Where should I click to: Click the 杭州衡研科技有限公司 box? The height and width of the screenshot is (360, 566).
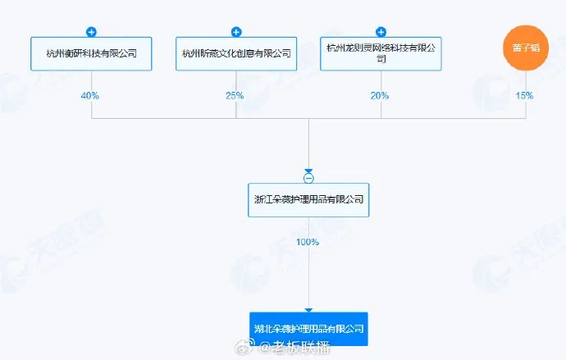coord(91,53)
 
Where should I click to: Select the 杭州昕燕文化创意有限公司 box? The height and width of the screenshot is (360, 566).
coord(236,53)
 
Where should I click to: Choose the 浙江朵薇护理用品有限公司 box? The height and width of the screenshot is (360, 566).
coord(308,199)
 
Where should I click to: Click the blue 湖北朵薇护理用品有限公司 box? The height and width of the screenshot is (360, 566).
coord(308,328)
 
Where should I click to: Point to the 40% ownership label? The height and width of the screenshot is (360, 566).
coord(90,96)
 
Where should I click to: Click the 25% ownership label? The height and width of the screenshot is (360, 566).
coord(235,96)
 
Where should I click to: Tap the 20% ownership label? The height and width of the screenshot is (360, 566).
coord(380,96)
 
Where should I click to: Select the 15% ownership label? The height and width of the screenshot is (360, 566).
coord(523,96)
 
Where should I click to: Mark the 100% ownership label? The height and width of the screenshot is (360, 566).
coord(308,242)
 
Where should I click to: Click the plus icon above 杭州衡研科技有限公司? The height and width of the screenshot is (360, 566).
coord(91,32)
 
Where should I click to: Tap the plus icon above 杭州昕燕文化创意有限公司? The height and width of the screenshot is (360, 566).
coord(236,32)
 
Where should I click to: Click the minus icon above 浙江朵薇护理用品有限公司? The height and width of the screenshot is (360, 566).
coord(308,178)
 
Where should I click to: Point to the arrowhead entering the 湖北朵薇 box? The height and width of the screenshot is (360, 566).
coord(308,310)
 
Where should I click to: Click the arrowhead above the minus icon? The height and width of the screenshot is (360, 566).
coord(308,171)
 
